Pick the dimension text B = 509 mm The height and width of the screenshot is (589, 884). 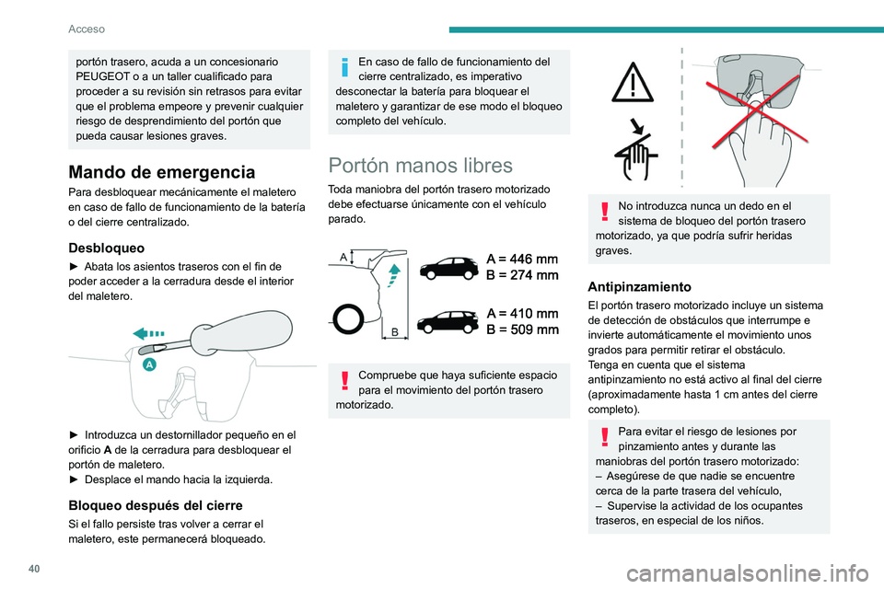click(522, 329)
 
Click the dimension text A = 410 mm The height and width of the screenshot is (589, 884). click(522, 313)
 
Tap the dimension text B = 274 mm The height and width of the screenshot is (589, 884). click(522, 275)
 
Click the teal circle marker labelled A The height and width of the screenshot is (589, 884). click(147, 365)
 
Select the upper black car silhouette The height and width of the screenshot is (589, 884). click(448, 268)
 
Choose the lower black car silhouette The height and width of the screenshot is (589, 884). click(448, 322)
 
